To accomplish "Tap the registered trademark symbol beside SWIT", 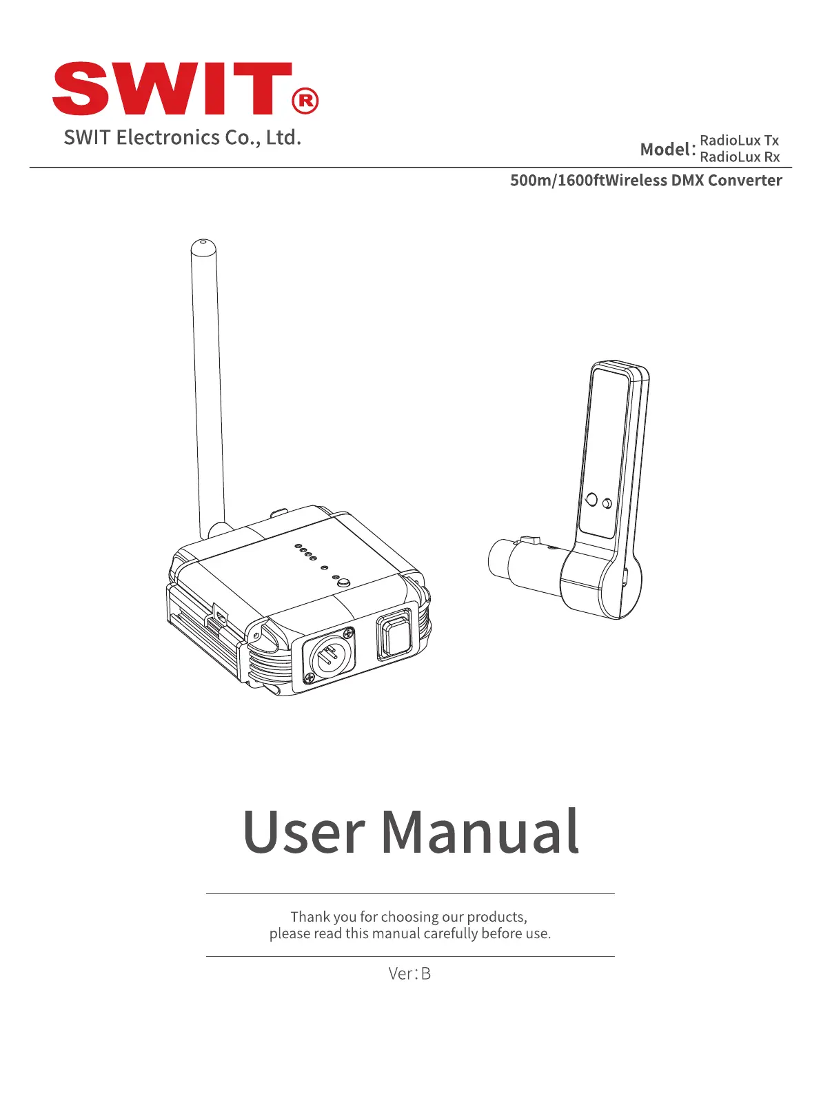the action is click(x=305, y=101).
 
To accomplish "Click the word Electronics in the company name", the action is click(x=168, y=137).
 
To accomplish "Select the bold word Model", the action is click(x=666, y=149).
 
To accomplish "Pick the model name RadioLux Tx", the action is click(x=739, y=141).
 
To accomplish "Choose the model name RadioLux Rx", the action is click(x=739, y=157).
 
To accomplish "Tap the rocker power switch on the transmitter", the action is click(x=395, y=636).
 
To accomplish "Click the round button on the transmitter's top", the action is click(x=343, y=583).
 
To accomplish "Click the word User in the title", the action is click(x=303, y=832).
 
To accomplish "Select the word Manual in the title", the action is click(x=480, y=832).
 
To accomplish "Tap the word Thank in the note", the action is click(x=310, y=917).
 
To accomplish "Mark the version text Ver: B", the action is click(x=409, y=973).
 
